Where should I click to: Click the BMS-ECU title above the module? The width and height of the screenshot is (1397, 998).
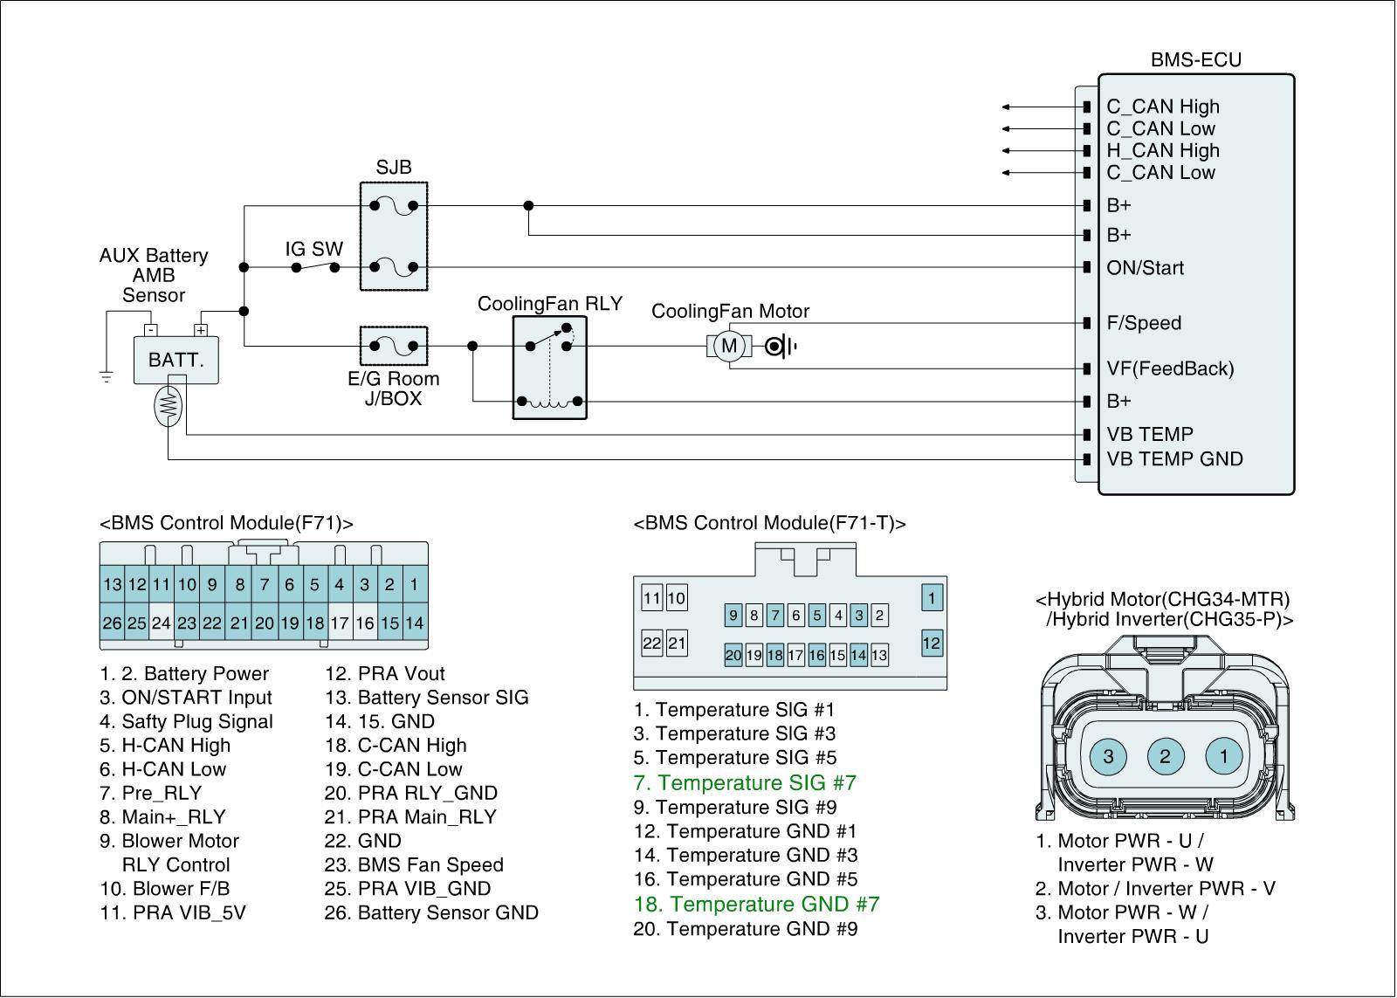pyautogui.click(x=1195, y=60)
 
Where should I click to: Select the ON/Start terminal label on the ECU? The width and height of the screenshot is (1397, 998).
pyautogui.click(x=1145, y=267)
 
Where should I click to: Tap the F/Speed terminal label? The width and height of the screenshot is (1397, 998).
pyautogui.click(x=1144, y=322)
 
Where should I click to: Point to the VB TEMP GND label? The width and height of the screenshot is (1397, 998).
pyautogui.click(x=1175, y=459)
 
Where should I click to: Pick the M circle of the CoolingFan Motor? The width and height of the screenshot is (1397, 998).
pyautogui.click(x=729, y=346)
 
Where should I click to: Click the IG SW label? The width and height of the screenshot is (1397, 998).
pyautogui.click(x=313, y=249)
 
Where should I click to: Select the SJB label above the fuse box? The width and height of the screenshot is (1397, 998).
pyautogui.click(x=394, y=167)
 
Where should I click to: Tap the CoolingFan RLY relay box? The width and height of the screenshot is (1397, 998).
pyautogui.click(x=549, y=368)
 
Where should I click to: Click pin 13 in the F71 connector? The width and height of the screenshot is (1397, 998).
pyautogui.click(x=113, y=584)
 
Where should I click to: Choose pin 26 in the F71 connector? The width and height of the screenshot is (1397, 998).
pyautogui.click(x=113, y=623)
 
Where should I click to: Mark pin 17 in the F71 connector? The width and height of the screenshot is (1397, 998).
pyautogui.click(x=340, y=623)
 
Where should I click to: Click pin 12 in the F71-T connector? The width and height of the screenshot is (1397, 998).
pyautogui.click(x=932, y=644)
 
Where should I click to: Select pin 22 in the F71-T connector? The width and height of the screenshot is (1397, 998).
pyautogui.click(x=651, y=644)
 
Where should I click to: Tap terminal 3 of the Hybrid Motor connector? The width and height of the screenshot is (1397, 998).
pyautogui.click(x=1108, y=756)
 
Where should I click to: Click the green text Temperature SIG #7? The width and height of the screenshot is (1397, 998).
pyautogui.click(x=746, y=782)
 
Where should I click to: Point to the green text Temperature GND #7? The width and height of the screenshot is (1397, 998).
pyautogui.click(x=756, y=904)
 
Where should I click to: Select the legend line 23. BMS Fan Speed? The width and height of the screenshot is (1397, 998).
pyautogui.click(x=414, y=864)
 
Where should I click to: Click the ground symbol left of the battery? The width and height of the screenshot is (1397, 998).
pyautogui.click(x=107, y=376)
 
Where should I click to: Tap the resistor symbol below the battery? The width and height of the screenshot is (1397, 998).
pyautogui.click(x=169, y=406)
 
